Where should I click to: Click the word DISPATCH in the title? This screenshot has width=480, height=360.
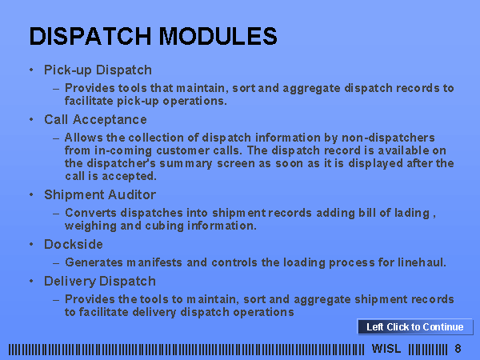(90, 36)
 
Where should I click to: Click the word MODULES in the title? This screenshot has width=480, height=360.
(218, 36)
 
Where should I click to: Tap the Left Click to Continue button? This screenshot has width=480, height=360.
(415, 327)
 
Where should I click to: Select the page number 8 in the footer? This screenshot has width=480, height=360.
(458, 348)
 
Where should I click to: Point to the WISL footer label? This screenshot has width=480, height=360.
(386, 348)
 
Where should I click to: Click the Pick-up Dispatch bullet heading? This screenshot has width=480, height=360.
(98, 70)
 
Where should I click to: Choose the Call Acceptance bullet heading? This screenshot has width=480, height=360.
(95, 119)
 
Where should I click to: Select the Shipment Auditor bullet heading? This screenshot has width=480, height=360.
(100, 194)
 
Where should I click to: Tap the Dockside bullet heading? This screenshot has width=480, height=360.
(74, 244)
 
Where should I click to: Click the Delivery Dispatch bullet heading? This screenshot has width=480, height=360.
(100, 282)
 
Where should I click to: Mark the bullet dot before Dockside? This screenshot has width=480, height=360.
(31, 244)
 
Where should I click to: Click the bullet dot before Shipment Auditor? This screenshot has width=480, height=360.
(31, 194)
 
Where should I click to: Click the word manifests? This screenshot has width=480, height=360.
(154, 262)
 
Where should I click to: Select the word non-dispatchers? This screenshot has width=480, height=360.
(388, 138)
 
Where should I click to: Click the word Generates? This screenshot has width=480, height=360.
(94, 262)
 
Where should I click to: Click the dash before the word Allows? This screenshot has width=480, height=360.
(56, 138)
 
